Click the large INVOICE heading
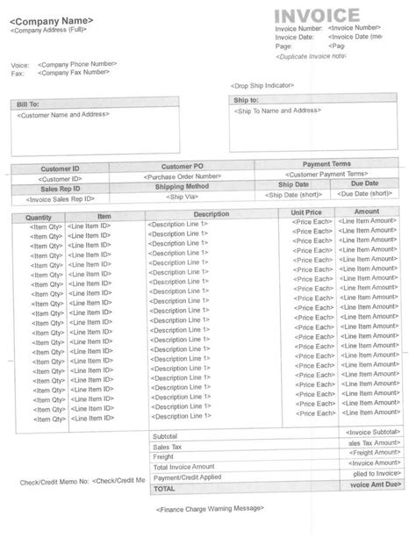pos(317,14)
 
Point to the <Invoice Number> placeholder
pos(355,28)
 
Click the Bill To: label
pos(28,104)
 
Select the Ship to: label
pos(247,102)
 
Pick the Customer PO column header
pos(183,166)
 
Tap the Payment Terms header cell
pos(326,164)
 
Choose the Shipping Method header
pos(183,186)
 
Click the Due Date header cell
pos(364,184)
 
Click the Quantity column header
pos(40,215)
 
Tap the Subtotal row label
pos(165,436)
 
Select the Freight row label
pos(162,456)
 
